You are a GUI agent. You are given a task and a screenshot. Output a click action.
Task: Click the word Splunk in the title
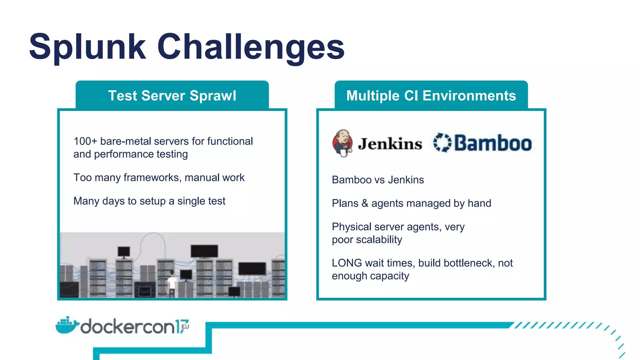tap(87, 47)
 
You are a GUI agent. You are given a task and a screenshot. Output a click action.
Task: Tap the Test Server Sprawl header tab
tap(172, 95)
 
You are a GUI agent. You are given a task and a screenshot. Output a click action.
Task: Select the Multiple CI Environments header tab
tap(431, 95)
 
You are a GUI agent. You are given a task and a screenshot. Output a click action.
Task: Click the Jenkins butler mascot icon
tap(342, 143)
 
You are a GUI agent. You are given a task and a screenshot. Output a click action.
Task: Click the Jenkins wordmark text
tap(390, 144)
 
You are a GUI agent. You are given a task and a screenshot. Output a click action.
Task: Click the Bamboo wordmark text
tap(493, 143)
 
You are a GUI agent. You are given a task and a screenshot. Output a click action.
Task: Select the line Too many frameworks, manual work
tap(159, 177)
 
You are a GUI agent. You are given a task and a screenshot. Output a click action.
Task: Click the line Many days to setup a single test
tap(149, 201)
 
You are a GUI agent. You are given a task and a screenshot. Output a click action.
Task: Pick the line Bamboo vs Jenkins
tap(377, 180)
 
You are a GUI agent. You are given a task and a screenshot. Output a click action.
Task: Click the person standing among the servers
tap(172, 283)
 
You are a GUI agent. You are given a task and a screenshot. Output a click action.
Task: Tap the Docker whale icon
tap(66, 326)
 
